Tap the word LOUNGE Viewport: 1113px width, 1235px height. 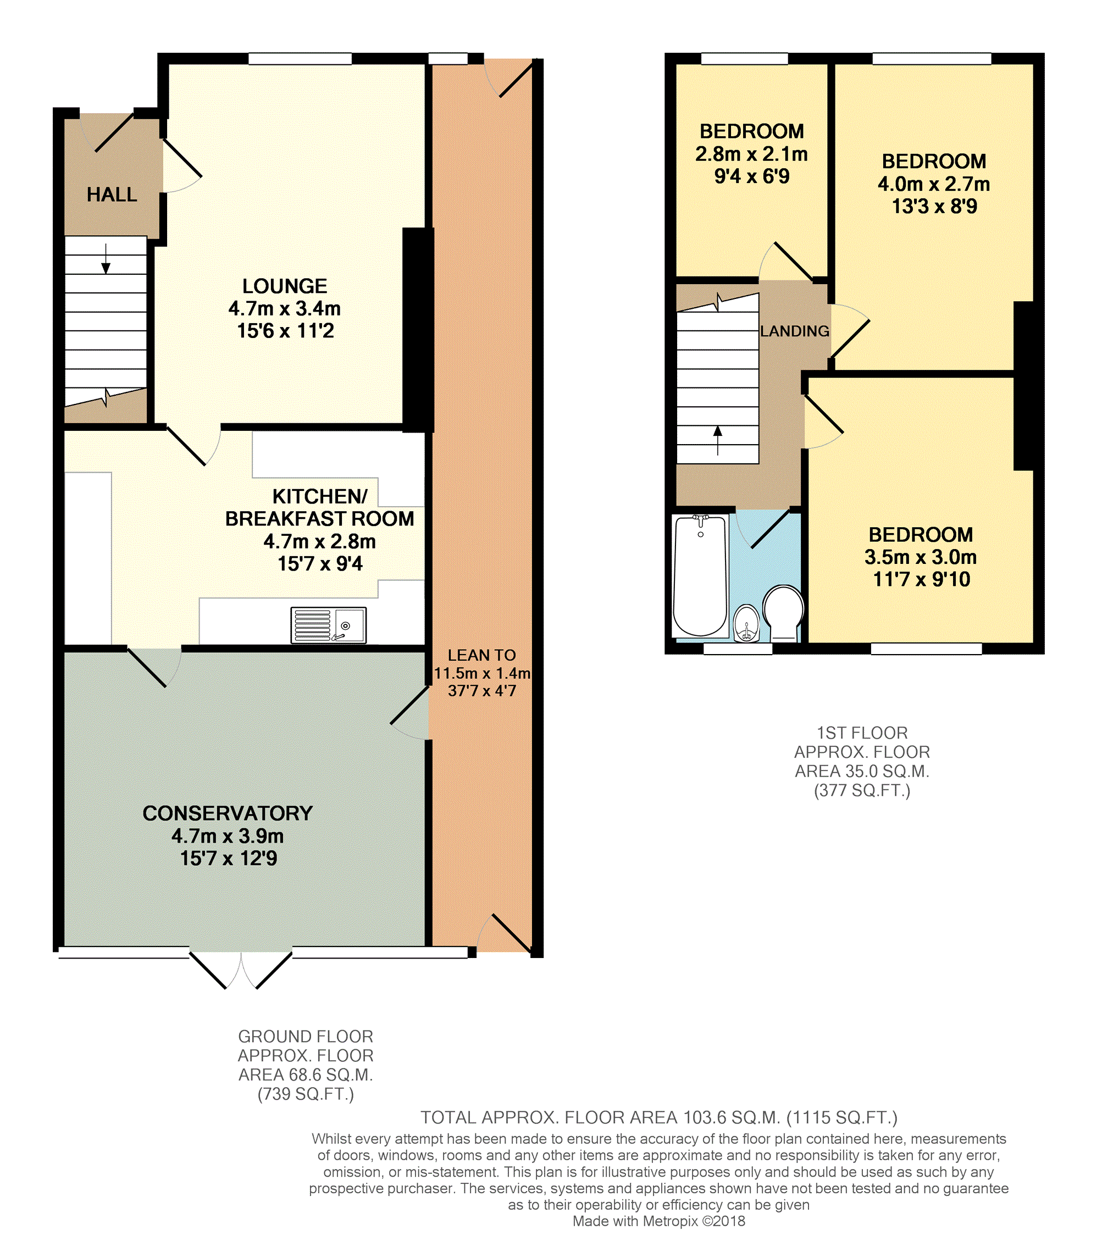(x=284, y=286)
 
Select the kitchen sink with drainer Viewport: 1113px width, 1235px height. (x=328, y=625)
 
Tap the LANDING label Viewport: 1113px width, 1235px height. (x=794, y=331)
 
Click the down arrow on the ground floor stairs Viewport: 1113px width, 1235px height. (x=106, y=259)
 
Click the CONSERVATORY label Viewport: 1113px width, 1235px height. (x=228, y=813)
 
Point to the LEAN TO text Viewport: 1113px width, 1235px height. (x=481, y=655)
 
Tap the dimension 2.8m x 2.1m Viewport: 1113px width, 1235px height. (x=751, y=154)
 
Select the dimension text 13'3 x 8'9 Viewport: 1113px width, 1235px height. (x=934, y=207)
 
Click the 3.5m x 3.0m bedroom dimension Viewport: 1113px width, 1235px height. (x=921, y=557)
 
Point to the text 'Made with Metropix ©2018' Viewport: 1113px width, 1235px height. (x=658, y=1221)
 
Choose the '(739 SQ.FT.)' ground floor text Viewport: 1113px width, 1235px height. (x=305, y=1094)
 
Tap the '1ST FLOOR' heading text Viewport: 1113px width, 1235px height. (x=862, y=733)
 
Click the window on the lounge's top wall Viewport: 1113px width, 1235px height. (x=300, y=59)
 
